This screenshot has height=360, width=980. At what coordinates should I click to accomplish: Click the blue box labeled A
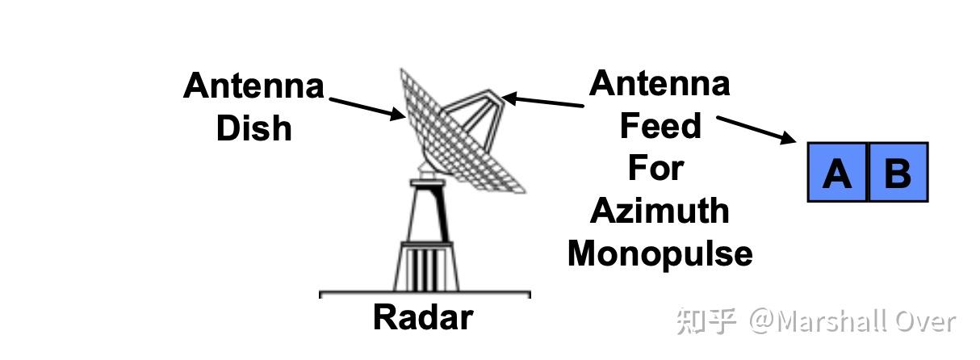[837, 172]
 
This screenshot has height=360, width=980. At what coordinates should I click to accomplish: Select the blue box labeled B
[898, 172]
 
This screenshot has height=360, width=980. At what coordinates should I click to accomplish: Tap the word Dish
[253, 128]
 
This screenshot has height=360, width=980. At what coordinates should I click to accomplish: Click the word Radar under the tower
[422, 317]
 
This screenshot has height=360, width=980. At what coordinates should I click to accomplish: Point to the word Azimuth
[660, 211]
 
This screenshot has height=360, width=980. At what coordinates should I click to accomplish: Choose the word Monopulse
[660, 253]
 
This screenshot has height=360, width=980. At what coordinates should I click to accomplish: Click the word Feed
[660, 126]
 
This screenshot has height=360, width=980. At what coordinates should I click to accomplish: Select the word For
[655, 168]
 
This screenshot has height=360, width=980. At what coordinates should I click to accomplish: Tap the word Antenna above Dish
[253, 86]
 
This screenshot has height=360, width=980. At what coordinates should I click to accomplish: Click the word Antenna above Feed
[660, 83]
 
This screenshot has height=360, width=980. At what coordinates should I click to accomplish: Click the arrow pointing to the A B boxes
[756, 129]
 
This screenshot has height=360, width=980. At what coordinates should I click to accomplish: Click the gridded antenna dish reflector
[452, 133]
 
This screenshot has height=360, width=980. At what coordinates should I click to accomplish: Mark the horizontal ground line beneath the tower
[425, 294]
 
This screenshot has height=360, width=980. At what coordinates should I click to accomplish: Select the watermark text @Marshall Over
[852, 321]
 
